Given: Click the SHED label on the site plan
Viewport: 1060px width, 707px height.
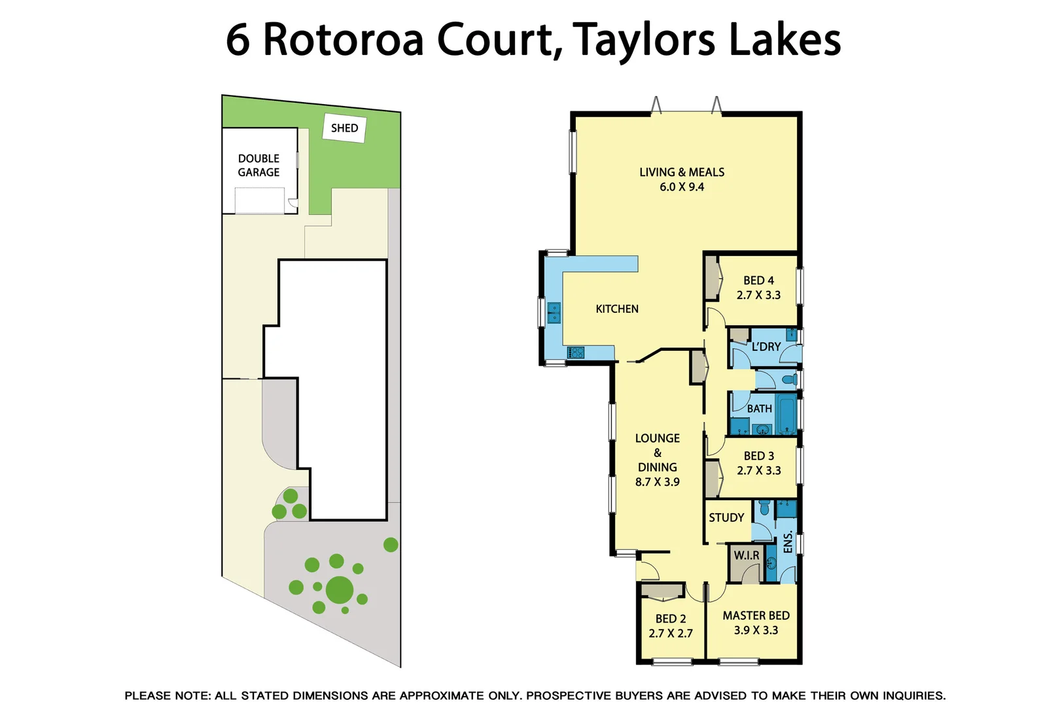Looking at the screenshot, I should [344, 128].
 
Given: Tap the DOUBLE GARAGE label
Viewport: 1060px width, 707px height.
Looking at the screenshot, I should [258, 165].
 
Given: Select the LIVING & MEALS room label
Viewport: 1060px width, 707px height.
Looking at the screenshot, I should [682, 172].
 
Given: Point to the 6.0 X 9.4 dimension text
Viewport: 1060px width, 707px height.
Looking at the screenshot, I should [682, 187].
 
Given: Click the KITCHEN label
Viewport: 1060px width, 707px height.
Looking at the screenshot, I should [616, 309].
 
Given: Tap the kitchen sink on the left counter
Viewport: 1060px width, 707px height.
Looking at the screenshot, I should [554, 313].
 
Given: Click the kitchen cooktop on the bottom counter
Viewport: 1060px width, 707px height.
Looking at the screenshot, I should [575, 353].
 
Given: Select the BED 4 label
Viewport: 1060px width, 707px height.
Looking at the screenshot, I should [758, 280].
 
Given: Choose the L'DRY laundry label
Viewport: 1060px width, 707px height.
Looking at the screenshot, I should [766, 347].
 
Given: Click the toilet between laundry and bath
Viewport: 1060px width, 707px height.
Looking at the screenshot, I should [789, 380].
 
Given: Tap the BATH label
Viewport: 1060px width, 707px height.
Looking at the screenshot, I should [759, 408].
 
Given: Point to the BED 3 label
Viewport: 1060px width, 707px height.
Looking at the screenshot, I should [758, 456].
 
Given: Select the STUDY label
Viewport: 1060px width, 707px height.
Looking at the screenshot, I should [726, 518].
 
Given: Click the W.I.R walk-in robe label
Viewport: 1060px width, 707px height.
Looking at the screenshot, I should [746, 556].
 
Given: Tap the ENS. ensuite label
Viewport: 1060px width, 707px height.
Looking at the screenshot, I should [788, 542].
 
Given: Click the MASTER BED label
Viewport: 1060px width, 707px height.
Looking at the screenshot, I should [756, 616].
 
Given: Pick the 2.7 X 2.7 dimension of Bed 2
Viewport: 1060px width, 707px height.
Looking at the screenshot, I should [670, 634].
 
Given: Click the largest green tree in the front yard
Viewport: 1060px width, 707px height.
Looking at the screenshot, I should [340, 590].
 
